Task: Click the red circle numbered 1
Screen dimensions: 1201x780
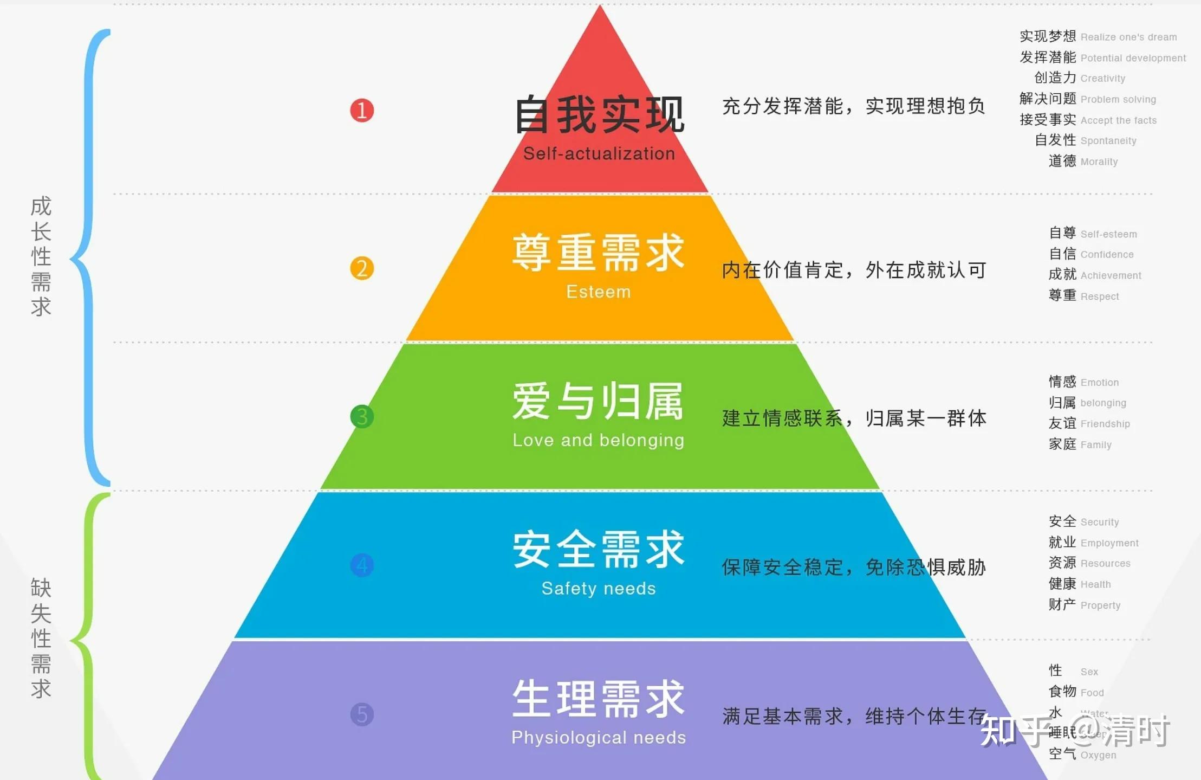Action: pyautogui.click(x=362, y=111)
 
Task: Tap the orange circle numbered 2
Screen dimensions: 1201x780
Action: pyautogui.click(x=362, y=268)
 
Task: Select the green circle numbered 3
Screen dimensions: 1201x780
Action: pyautogui.click(x=362, y=417)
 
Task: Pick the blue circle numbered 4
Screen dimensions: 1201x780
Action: pyautogui.click(x=362, y=565)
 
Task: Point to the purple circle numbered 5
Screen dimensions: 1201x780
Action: pyautogui.click(x=362, y=714)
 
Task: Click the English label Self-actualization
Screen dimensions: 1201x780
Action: pyautogui.click(x=599, y=154)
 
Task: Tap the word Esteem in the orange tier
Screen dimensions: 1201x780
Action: pyautogui.click(x=599, y=292)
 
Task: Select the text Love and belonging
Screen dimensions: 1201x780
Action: pyautogui.click(x=599, y=440)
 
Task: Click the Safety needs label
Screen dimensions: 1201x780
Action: pyautogui.click(x=599, y=589)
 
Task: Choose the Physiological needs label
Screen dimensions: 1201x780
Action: pyautogui.click(x=599, y=738)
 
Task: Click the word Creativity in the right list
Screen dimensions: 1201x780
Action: pyautogui.click(x=1102, y=79)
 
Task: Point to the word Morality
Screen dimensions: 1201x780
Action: pyautogui.click(x=1099, y=162)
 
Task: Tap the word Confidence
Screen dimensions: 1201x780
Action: pyautogui.click(x=1107, y=255)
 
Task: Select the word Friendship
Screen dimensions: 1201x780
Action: pyautogui.click(x=1105, y=424)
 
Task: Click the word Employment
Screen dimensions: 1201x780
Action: pyautogui.click(x=1109, y=543)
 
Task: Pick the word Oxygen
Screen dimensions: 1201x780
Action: pyautogui.click(x=1098, y=756)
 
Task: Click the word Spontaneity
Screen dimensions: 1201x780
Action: pyautogui.click(x=1108, y=141)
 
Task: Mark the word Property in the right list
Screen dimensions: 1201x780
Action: pyautogui.click(x=1100, y=605)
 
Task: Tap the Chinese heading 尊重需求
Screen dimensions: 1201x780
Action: pyautogui.click(x=599, y=253)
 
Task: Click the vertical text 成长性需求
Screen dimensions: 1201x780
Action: pyautogui.click(x=41, y=256)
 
